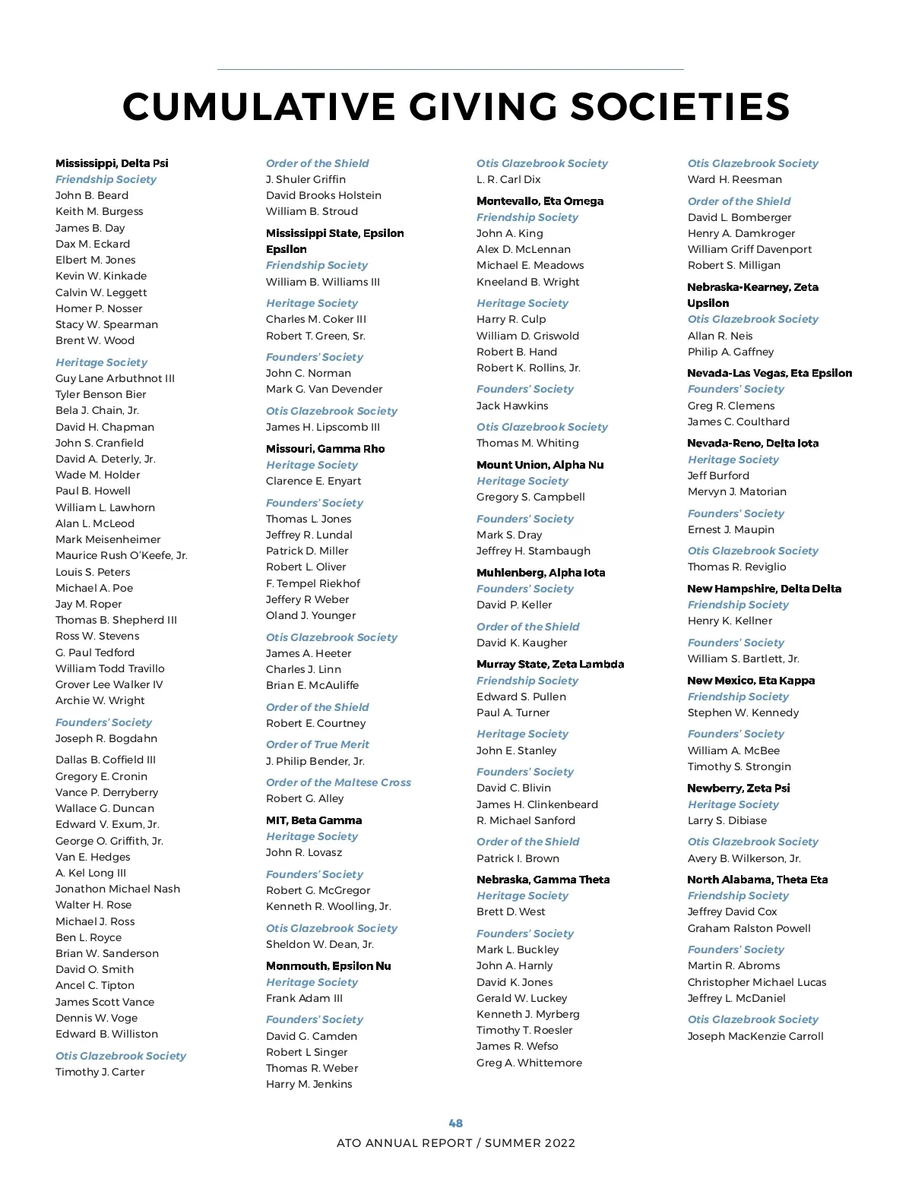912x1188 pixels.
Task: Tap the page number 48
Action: coord(456,1123)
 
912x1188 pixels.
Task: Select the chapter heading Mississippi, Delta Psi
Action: coord(112,163)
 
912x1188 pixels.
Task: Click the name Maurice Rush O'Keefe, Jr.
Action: coord(122,555)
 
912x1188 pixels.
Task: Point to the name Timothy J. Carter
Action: coord(100,1072)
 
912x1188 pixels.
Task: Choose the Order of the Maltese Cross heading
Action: coord(338,782)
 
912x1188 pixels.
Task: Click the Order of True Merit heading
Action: coord(318,744)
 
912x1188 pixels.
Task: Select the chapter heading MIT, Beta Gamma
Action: coord(314,820)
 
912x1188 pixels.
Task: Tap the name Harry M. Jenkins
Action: coord(309,1084)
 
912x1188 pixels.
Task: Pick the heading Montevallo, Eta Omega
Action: coord(540,201)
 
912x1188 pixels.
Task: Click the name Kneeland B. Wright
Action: coord(528,282)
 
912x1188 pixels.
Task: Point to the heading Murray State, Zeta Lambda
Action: coord(550,664)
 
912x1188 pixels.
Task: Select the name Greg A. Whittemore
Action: coord(529,1063)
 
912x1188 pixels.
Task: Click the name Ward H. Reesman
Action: coord(735,179)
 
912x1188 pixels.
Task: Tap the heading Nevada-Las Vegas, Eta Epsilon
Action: coord(770,373)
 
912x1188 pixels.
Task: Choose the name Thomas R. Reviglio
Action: coord(737,567)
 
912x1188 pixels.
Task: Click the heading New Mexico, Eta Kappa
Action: coord(751,681)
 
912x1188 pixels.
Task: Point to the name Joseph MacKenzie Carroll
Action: coord(755,1036)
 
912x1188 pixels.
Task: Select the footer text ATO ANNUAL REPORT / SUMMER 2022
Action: coord(456,1143)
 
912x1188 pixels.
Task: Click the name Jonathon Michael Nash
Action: coord(118,889)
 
